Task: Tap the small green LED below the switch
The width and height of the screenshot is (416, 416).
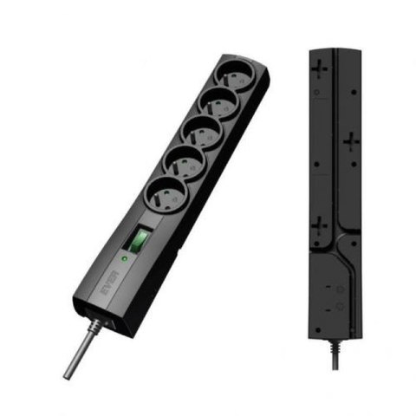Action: (127, 257)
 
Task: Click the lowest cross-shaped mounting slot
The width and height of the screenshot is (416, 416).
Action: (321, 228)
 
